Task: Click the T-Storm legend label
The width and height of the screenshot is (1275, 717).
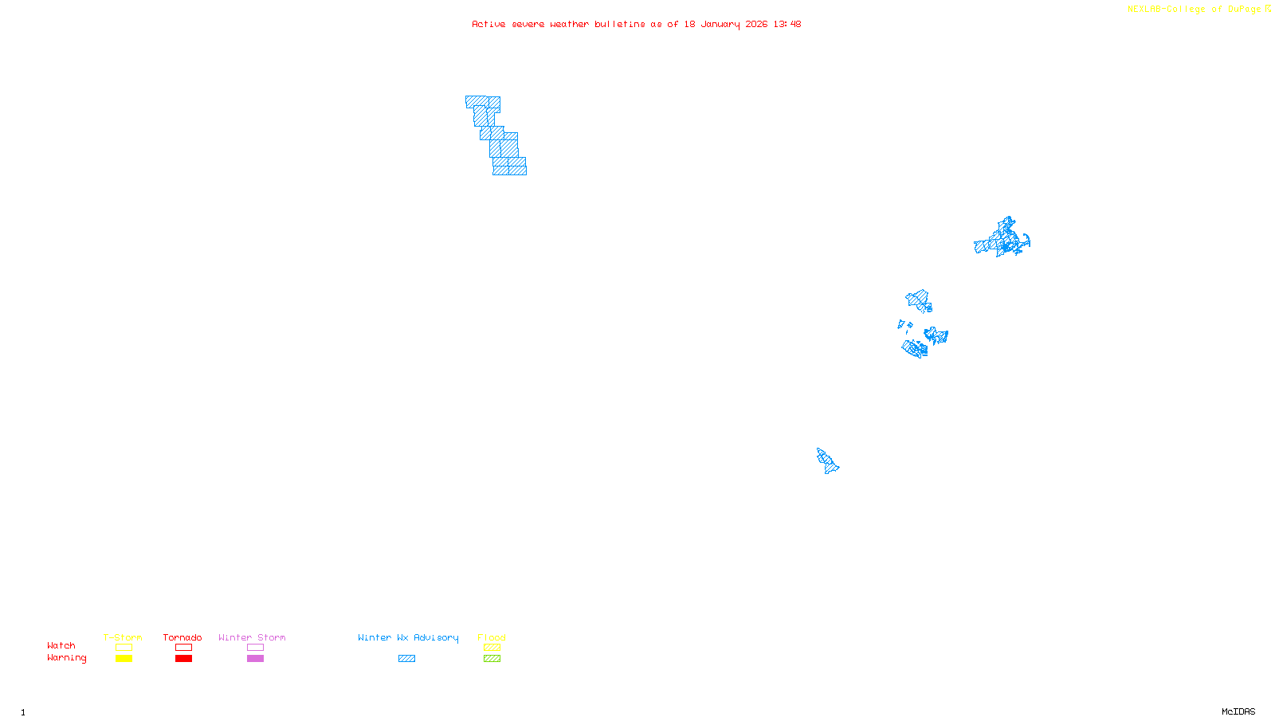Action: pos(123,637)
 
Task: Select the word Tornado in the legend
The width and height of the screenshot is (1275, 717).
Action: pos(182,637)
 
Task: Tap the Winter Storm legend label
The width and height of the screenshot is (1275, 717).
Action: pos(252,637)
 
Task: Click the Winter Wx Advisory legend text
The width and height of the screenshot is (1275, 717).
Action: pos(408,637)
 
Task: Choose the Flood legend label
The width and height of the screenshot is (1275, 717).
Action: pos(492,637)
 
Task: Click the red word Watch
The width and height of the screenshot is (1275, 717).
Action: pos(61,646)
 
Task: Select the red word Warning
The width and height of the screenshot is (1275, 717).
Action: pos(66,658)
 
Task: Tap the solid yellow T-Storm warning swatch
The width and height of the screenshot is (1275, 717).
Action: pos(124,659)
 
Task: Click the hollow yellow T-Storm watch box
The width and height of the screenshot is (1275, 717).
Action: pos(124,648)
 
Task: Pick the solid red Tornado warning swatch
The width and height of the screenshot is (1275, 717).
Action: pos(183,659)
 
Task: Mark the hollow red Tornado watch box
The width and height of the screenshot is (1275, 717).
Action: pos(183,648)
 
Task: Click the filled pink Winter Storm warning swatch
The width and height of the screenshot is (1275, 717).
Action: pos(255,659)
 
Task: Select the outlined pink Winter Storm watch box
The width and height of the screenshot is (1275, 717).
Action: pos(255,648)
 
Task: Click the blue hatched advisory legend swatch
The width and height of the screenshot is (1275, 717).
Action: pos(406,659)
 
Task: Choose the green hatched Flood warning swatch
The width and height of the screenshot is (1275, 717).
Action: pos(492,659)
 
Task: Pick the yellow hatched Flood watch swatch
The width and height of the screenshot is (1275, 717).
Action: pos(492,648)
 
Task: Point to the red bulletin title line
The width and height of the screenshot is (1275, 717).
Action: pos(636,25)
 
